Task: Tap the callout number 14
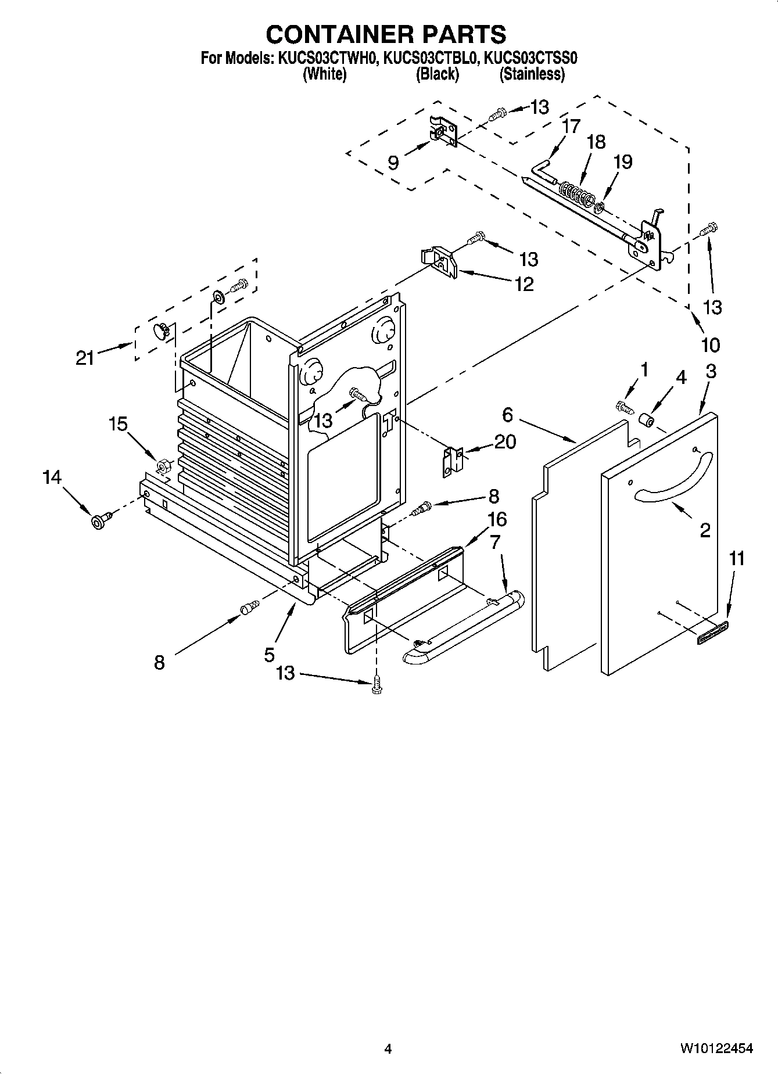click(x=52, y=477)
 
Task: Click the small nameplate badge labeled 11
click(x=712, y=631)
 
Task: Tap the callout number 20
click(x=505, y=442)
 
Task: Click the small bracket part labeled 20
click(x=452, y=462)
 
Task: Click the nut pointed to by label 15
click(x=163, y=465)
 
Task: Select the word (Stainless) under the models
click(x=532, y=74)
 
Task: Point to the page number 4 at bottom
click(x=388, y=1049)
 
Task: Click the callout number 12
click(x=524, y=285)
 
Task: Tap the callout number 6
click(x=508, y=415)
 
